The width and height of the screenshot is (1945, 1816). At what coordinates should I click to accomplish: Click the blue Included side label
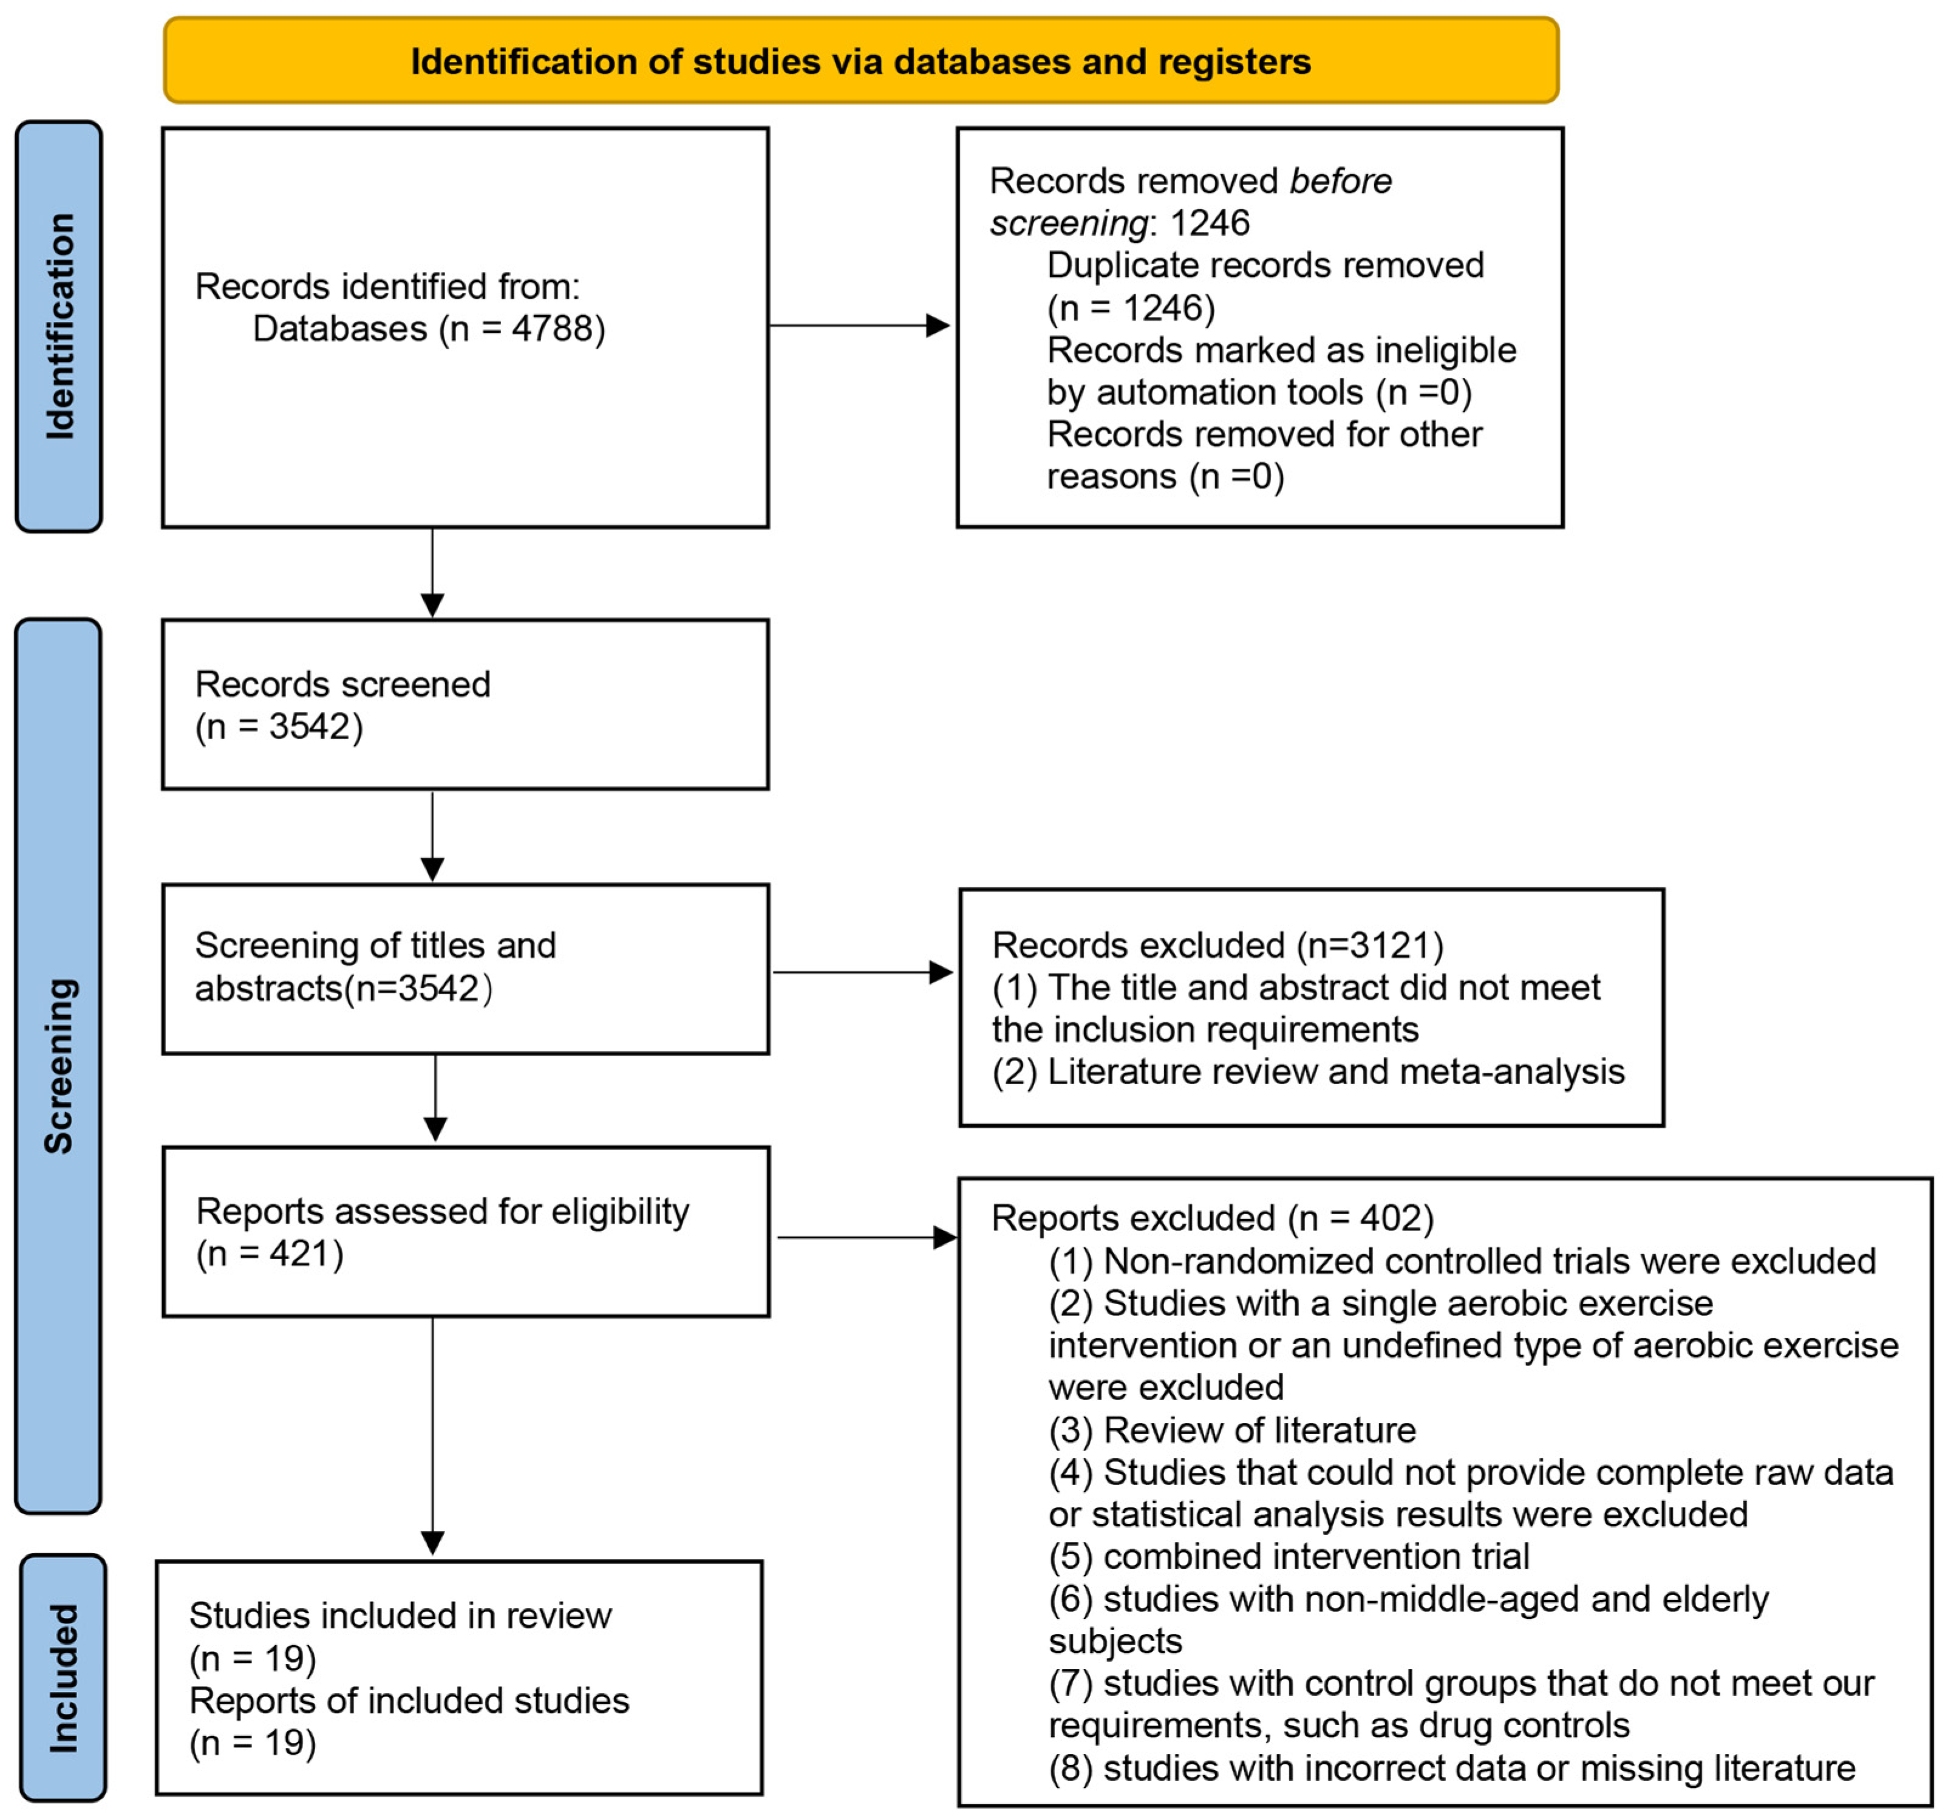(63, 1677)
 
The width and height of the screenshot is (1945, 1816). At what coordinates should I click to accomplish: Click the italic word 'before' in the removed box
(1340, 181)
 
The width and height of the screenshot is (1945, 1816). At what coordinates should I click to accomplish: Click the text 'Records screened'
(342, 684)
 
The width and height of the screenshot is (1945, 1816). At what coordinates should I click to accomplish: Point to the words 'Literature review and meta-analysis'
(1335, 1071)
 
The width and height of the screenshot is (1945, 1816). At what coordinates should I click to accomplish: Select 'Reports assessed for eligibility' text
(442, 1211)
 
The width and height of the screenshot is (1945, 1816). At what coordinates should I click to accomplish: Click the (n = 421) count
(270, 1254)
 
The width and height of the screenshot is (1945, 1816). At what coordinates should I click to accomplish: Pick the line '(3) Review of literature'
(1231, 1430)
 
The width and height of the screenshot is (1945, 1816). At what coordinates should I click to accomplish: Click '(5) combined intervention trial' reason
(1289, 1557)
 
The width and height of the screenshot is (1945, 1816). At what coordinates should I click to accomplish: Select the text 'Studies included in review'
(400, 1616)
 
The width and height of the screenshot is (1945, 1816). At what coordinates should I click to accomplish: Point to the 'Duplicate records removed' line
(1265, 265)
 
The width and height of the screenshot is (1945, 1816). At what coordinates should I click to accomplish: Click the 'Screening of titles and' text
(375, 945)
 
